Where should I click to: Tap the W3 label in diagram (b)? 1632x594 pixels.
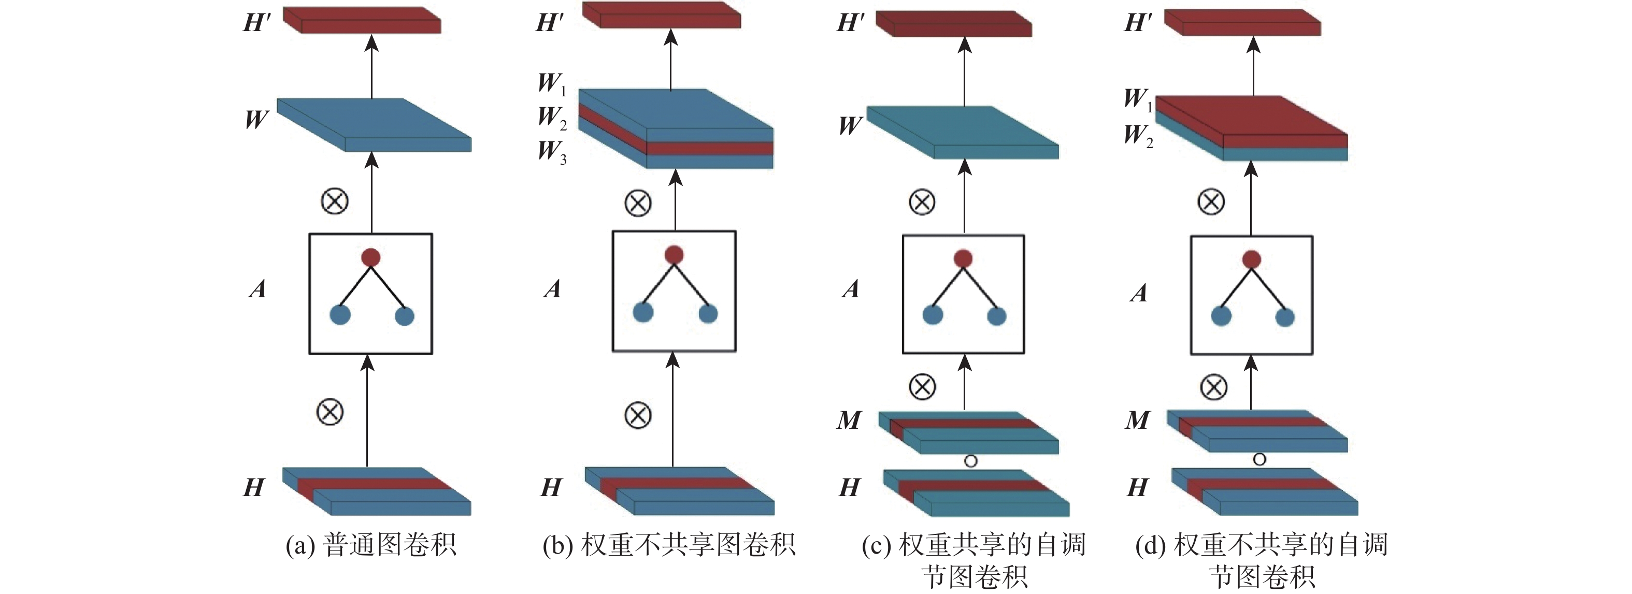[552, 152]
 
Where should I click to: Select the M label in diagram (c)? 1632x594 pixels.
[849, 420]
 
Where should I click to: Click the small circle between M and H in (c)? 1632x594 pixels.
[970, 461]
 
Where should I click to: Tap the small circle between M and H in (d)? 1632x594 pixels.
[1259, 460]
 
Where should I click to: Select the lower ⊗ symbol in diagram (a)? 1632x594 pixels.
[330, 412]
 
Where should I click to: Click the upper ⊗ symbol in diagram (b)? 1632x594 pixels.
[638, 204]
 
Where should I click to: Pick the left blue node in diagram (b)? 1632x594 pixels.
[643, 312]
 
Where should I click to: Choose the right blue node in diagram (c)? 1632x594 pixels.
[997, 316]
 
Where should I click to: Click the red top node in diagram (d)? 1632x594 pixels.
[1251, 259]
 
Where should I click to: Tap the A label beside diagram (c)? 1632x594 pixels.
[850, 289]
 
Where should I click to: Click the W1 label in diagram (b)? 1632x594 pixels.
[552, 83]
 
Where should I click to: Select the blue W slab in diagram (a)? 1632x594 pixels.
[374, 124]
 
